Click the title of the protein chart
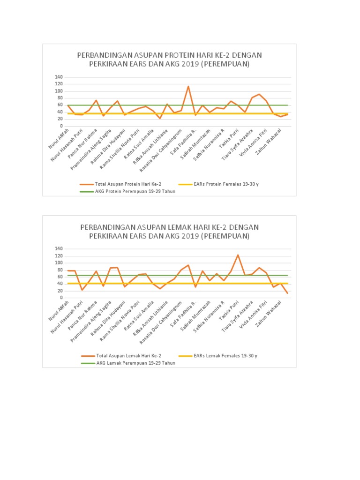[x=169, y=60]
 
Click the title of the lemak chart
[x=169, y=232]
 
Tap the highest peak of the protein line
[x=188, y=86]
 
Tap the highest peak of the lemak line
[x=238, y=255]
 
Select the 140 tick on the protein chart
[x=58, y=77]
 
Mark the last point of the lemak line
[x=287, y=293]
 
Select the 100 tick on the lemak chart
[x=58, y=262]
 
